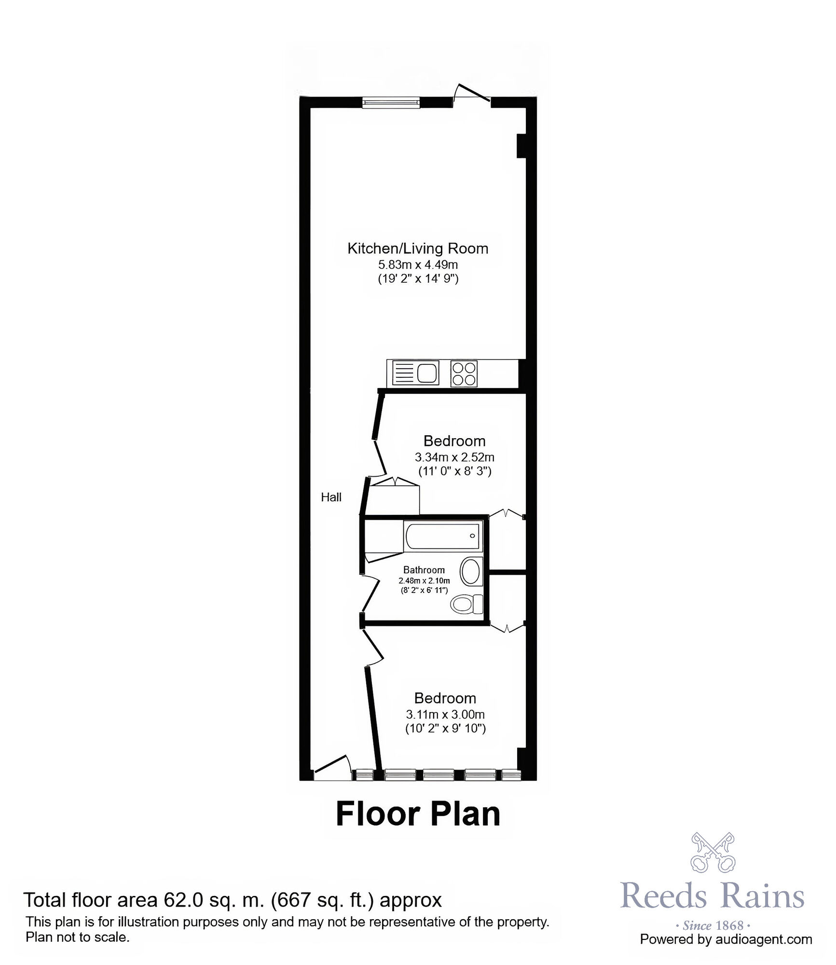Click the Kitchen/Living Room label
(x=418, y=249)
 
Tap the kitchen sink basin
(x=428, y=373)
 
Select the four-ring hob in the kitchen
(x=464, y=374)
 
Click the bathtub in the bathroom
(x=443, y=536)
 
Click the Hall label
(x=331, y=497)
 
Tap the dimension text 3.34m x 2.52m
(x=454, y=457)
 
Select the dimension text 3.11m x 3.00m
(x=445, y=715)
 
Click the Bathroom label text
(x=424, y=570)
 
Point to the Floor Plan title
(x=418, y=814)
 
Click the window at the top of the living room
(x=391, y=102)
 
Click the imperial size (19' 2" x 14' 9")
(x=418, y=279)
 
